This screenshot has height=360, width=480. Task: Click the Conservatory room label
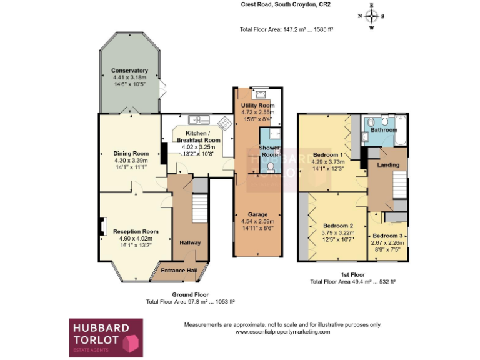tap(129, 71)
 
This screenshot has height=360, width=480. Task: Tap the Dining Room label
tap(131, 153)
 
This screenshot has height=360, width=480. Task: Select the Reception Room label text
tap(136, 231)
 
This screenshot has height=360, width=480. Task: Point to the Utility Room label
tap(257, 106)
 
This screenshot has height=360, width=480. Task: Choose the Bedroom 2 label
tap(338, 226)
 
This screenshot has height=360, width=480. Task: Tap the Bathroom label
tap(384, 130)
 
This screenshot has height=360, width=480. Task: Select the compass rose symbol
tap(372, 16)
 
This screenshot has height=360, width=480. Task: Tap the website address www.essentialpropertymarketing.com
tap(282, 332)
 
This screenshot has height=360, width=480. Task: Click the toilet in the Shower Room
tap(270, 167)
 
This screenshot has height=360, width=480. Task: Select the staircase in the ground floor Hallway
tap(199, 209)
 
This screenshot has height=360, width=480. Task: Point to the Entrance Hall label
tap(178, 270)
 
